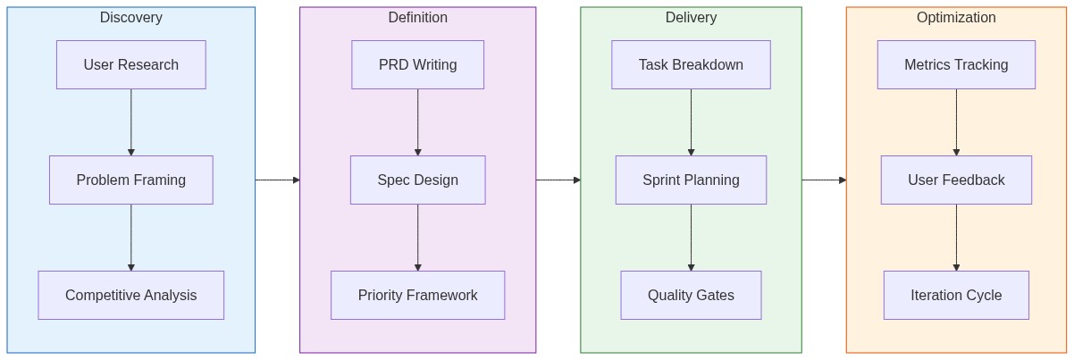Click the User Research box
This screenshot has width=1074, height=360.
tap(130, 64)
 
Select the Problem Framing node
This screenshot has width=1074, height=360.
tap(130, 180)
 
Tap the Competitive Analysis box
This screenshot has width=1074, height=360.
tap(130, 295)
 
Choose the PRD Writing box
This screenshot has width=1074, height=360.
tap(417, 64)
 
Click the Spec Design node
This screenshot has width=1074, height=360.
tap(417, 180)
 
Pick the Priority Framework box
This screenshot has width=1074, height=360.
tap(417, 295)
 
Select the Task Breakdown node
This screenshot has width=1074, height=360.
tap(691, 64)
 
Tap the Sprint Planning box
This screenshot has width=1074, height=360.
tap(691, 180)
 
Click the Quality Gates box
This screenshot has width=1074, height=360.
tap(691, 295)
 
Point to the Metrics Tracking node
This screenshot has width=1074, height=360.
tap(956, 64)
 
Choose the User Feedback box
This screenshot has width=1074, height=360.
tap(956, 180)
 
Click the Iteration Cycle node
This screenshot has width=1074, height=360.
tap(956, 295)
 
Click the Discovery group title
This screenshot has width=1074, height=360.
tap(130, 18)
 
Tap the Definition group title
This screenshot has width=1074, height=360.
tap(417, 18)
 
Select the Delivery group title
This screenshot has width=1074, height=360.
tap(691, 18)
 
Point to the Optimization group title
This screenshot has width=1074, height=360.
tap(956, 18)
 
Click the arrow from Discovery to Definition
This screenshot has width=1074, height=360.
tap(277, 180)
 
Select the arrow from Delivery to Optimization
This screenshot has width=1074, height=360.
tap(824, 180)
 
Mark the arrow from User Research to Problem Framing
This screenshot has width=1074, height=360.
tap(130, 122)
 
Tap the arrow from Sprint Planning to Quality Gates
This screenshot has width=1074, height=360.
tap(691, 238)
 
